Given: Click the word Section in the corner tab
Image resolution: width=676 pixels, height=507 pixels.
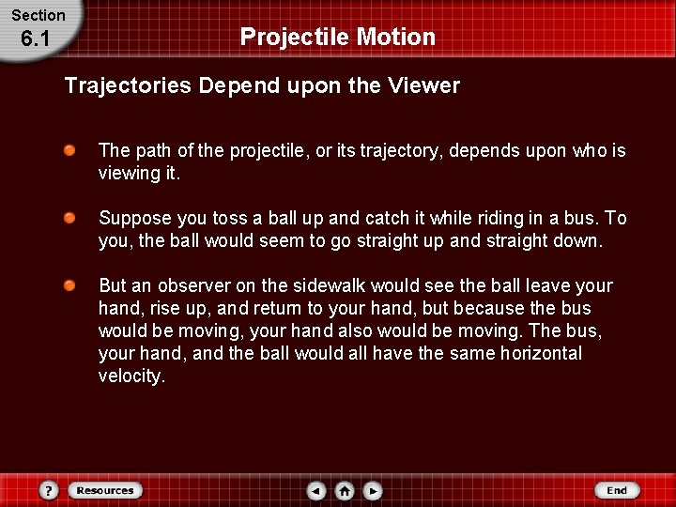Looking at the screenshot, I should pos(38,15).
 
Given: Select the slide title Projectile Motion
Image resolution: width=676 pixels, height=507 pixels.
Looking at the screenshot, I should pos(338,37).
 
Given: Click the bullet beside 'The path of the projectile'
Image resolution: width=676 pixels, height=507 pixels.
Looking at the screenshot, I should pos(70,151).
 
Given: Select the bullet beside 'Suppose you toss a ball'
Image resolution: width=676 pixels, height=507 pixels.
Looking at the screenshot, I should pos(70,219).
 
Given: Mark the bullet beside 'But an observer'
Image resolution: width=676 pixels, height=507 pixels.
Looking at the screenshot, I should pos(70,286).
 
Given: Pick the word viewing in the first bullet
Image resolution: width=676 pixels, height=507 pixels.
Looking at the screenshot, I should pos(130,174).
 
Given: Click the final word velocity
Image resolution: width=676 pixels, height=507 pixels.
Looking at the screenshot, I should pos(131,376).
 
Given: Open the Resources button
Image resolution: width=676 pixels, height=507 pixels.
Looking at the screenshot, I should pos(104,490).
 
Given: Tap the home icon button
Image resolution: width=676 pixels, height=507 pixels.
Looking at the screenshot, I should pos(345,490).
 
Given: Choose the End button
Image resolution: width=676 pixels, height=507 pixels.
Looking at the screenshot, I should pos(616,490).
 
